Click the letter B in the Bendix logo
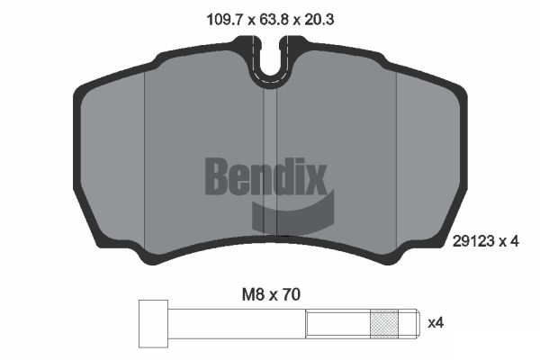217,176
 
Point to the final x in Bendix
315,176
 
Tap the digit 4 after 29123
514,241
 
